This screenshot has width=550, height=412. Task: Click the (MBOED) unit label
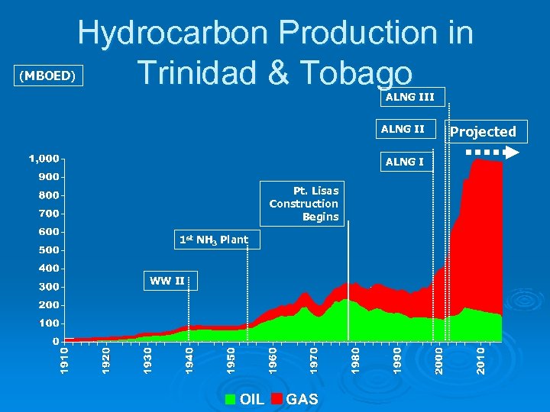tap(47, 76)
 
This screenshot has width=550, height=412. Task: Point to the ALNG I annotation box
tap(406, 162)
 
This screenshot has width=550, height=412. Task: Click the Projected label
tap(483, 131)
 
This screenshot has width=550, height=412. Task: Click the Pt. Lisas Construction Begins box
tap(304, 204)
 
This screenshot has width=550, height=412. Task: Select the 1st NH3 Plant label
tap(213, 240)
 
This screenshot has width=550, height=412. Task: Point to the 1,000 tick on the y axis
tap(44, 159)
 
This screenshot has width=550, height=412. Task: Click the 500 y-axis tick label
tap(49, 250)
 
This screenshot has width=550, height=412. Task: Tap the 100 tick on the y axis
tap(49, 323)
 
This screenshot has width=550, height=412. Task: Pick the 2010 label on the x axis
tap(480, 361)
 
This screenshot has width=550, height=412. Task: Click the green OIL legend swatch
tap(231, 399)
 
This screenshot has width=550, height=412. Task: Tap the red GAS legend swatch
tap(277, 399)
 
